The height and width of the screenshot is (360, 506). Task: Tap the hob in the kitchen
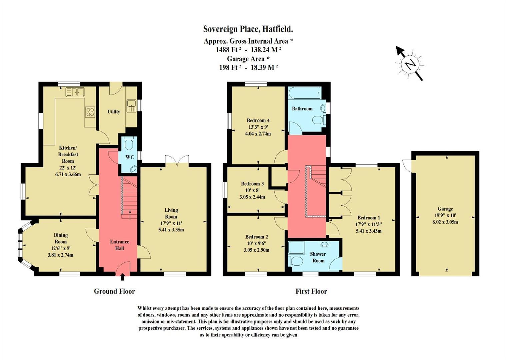coord(90,112)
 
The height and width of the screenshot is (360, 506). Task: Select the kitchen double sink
coord(75,92)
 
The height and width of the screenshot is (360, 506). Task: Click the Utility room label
coord(114,112)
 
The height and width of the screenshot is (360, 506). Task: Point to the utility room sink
coord(131,106)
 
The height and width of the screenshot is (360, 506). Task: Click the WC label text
coord(130,157)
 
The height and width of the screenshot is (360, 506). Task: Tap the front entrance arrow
coord(123,277)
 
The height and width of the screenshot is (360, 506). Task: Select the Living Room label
coord(171,213)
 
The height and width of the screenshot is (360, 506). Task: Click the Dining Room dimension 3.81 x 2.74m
coord(61,255)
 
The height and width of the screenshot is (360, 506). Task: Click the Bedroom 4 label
coord(258,120)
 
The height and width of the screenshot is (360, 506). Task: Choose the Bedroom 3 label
coord(252,184)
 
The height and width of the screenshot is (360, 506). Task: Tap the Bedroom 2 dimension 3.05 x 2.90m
coord(256,250)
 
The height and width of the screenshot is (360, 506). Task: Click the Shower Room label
coord(318,257)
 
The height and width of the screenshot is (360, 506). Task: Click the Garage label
coord(445,209)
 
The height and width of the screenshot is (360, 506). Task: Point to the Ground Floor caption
coord(114,291)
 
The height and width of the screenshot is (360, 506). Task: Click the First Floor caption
coord(311,291)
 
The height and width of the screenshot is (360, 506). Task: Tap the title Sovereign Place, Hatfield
coord(248,29)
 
